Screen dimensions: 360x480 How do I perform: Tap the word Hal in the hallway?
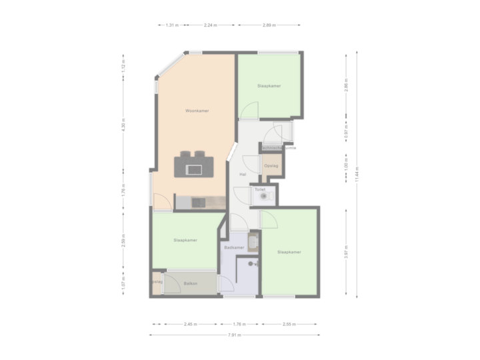243,175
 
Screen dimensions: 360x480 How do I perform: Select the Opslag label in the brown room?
271,165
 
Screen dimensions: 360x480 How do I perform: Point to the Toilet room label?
259,189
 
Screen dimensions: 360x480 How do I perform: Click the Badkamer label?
235,247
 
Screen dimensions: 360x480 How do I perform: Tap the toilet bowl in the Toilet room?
266,197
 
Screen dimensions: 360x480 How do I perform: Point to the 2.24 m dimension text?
212,25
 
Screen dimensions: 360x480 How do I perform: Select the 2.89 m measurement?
267,25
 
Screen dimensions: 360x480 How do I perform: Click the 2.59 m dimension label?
124,242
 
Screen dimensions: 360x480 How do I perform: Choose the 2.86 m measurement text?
345,91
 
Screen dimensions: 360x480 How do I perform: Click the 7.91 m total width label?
234,335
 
